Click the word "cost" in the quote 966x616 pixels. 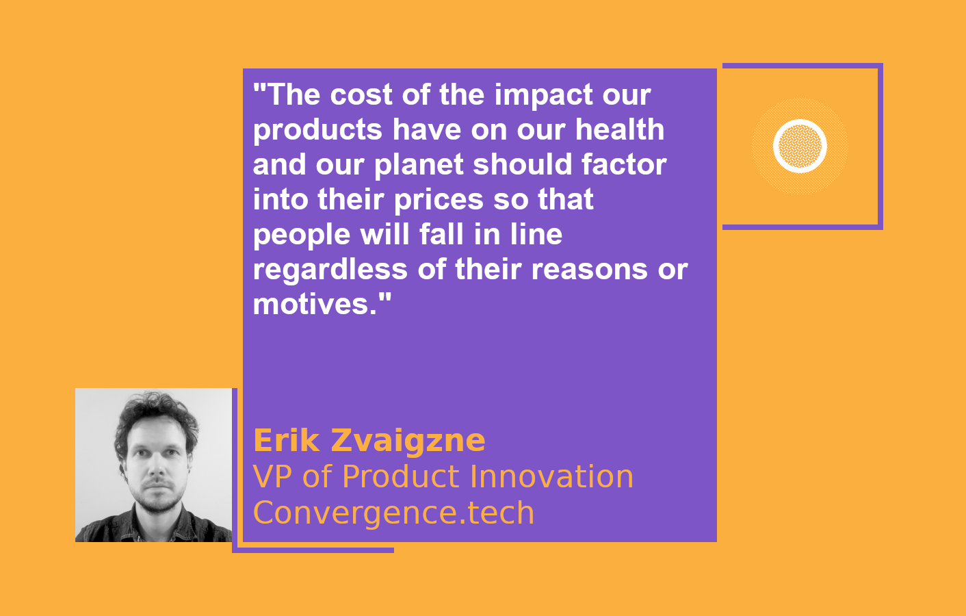point(361,94)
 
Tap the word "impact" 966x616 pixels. point(543,97)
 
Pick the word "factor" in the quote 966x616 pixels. point(624,164)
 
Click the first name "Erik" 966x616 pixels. point(287,440)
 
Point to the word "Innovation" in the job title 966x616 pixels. point(551,476)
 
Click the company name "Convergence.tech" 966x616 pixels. point(394,513)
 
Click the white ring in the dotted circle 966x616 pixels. point(800,121)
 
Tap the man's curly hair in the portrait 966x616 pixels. point(155,410)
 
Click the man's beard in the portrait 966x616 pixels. point(157,500)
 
